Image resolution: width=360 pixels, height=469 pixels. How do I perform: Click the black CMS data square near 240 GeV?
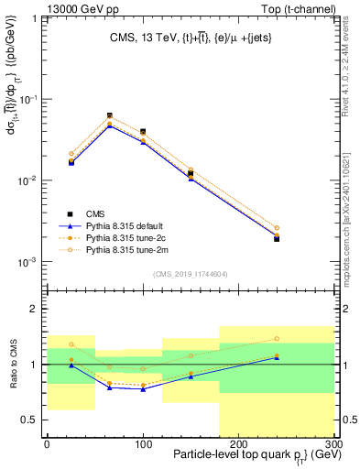pos(276,238)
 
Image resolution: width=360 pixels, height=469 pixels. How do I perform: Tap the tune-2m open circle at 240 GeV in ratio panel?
pos(276,339)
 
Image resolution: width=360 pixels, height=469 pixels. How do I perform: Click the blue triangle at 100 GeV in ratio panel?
pos(143,389)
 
